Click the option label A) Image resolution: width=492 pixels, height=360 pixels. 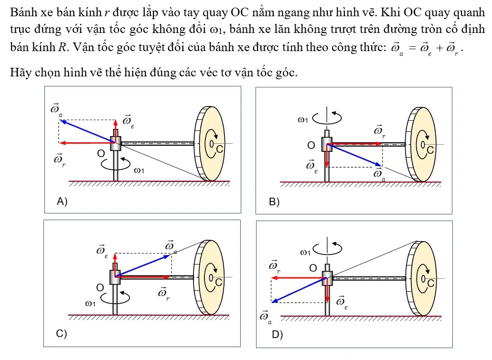[x=62, y=201]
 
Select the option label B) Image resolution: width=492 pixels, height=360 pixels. [x=274, y=202]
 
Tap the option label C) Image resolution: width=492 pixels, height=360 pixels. [x=62, y=333]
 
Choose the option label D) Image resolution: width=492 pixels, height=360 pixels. [x=278, y=335]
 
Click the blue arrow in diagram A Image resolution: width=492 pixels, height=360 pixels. [x=88, y=131]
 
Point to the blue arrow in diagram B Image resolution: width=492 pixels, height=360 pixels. [x=354, y=155]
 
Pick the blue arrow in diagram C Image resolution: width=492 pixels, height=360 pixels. [x=143, y=266]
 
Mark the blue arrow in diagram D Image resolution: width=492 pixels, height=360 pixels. [x=299, y=290]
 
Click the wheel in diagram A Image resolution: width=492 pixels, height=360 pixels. [x=210, y=144]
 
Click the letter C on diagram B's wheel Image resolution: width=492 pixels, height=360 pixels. [x=430, y=150]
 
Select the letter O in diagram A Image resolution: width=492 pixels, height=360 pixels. [x=101, y=153]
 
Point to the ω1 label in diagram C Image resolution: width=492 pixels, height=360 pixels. [x=90, y=304]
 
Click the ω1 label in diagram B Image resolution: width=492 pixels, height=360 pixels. [x=303, y=119]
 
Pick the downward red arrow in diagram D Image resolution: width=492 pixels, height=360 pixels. [x=327, y=290]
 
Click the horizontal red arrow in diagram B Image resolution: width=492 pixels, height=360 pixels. [x=354, y=144]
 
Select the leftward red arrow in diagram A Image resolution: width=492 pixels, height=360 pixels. [x=87, y=143]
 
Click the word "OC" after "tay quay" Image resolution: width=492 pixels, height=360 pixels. [x=239, y=12]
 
